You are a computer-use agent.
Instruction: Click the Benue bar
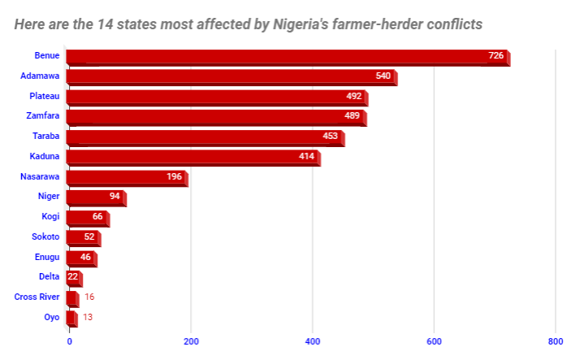[x=284, y=57]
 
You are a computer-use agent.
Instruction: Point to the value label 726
[x=496, y=56]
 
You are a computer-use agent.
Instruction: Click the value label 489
[x=353, y=116]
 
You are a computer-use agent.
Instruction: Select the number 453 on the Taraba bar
[x=330, y=136]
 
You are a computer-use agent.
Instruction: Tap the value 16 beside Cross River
[x=89, y=297]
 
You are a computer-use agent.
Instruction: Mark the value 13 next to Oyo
[x=87, y=317]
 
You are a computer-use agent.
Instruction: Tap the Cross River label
[x=37, y=297]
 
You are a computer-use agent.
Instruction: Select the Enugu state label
[x=46, y=257]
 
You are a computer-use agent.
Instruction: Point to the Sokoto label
[x=45, y=236]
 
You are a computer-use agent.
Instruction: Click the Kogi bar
[x=85, y=217]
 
